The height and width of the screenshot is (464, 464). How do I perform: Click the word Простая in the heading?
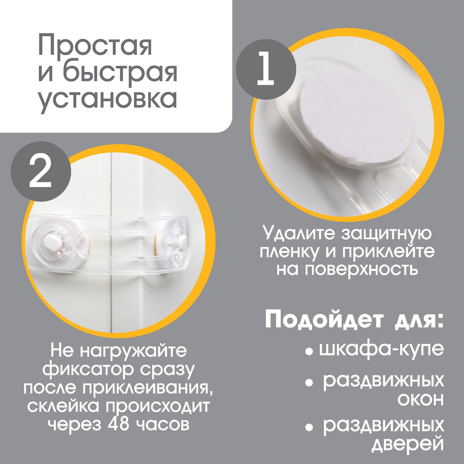[95, 46]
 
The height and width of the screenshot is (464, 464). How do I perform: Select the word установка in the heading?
[107, 99]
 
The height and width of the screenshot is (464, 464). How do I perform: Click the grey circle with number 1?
[266, 70]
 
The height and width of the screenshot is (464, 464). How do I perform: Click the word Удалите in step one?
[299, 233]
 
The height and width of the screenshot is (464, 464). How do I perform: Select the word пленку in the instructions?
[290, 251]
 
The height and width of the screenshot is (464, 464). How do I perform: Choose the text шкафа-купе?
[381, 349]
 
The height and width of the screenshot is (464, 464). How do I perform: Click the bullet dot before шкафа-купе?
[309, 352]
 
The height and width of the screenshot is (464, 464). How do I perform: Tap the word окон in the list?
[420, 400]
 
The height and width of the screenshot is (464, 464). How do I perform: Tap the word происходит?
[157, 406]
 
